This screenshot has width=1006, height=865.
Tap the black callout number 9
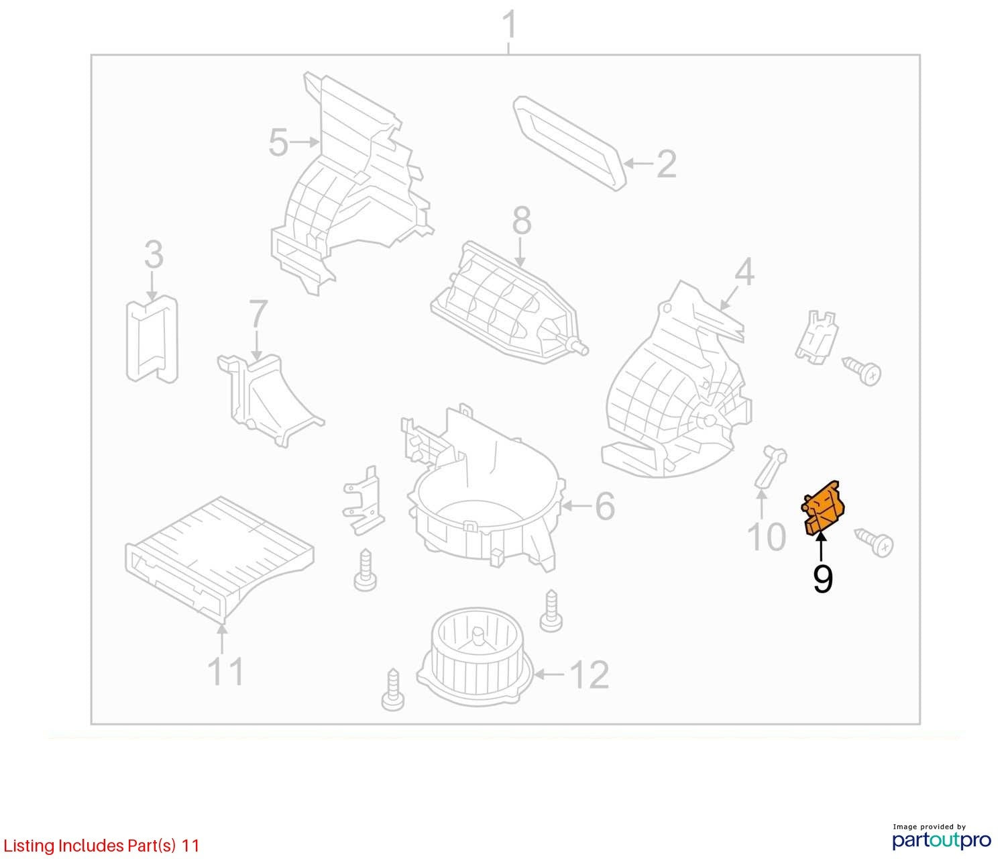(x=822, y=580)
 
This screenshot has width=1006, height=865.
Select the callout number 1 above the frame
(x=509, y=26)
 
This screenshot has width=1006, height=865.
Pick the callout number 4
(x=744, y=272)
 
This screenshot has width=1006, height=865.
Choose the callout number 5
(x=278, y=143)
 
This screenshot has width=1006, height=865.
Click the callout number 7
(x=258, y=313)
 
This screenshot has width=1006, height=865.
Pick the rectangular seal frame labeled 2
(x=570, y=143)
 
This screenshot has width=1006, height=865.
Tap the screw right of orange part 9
(x=874, y=543)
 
